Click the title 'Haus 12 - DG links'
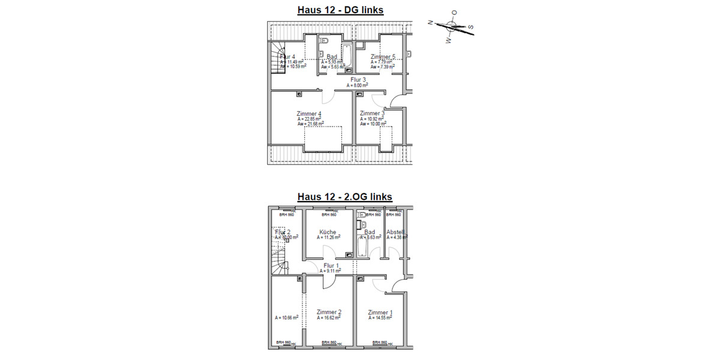point(340,10)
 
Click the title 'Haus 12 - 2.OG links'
point(344,197)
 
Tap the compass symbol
point(452,26)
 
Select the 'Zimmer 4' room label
point(309,113)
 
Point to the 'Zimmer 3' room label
point(372,113)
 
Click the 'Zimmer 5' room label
point(383,56)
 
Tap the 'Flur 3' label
point(358,79)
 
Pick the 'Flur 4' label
point(287,56)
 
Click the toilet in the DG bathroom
point(324,41)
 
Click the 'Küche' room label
point(328,232)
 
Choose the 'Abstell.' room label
point(396,232)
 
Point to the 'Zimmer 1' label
point(381,312)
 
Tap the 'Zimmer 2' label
point(329,312)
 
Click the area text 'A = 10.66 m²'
point(287,317)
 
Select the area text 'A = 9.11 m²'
point(331,271)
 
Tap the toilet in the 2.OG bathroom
point(361,214)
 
